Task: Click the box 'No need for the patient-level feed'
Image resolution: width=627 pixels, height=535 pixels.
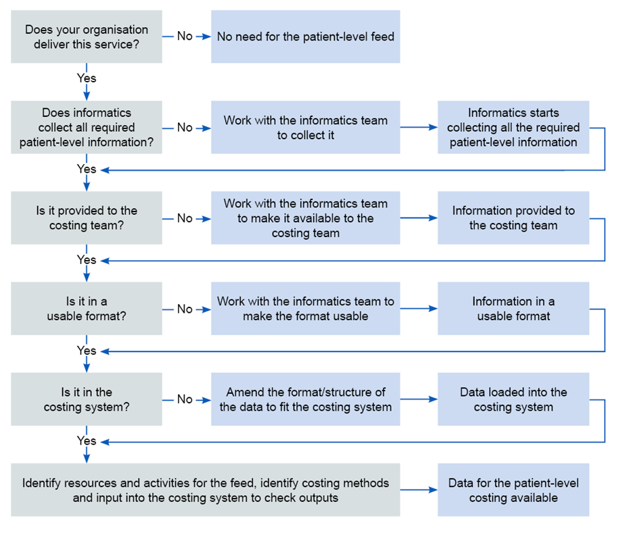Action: click(306, 36)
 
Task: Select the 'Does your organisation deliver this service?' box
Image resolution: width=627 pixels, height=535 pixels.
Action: click(87, 36)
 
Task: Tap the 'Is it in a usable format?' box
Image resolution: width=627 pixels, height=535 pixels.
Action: click(87, 309)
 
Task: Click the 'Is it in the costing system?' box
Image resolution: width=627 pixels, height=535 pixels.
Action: click(87, 399)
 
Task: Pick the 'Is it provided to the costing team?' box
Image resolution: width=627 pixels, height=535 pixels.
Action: click(87, 218)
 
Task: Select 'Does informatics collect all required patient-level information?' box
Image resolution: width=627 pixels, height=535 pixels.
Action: click(87, 128)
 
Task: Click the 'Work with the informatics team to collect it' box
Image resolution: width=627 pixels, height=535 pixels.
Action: click(306, 128)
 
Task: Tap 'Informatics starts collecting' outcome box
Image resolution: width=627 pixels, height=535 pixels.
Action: click(513, 128)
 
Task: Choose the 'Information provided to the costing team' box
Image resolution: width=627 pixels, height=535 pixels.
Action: click(513, 218)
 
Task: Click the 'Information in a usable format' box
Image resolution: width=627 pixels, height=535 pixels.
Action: click(513, 309)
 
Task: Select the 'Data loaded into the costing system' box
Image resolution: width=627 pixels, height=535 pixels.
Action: click(513, 399)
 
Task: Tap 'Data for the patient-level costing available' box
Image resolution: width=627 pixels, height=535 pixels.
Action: click(513, 490)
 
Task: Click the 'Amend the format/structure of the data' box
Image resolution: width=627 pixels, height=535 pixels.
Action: click(306, 399)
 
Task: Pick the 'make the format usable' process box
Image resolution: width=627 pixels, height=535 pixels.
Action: click(306, 309)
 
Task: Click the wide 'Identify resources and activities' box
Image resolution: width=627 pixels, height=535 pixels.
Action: click(206, 490)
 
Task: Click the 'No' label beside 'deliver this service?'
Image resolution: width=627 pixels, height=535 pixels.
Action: click(185, 36)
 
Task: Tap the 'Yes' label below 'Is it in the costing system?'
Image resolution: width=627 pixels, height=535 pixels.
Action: click(87, 441)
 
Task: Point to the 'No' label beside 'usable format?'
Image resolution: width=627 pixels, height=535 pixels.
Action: click(185, 309)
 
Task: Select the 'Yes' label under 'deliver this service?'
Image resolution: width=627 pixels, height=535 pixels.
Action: click(87, 78)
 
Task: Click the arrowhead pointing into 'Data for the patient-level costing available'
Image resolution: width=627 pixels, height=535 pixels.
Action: click(433, 490)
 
